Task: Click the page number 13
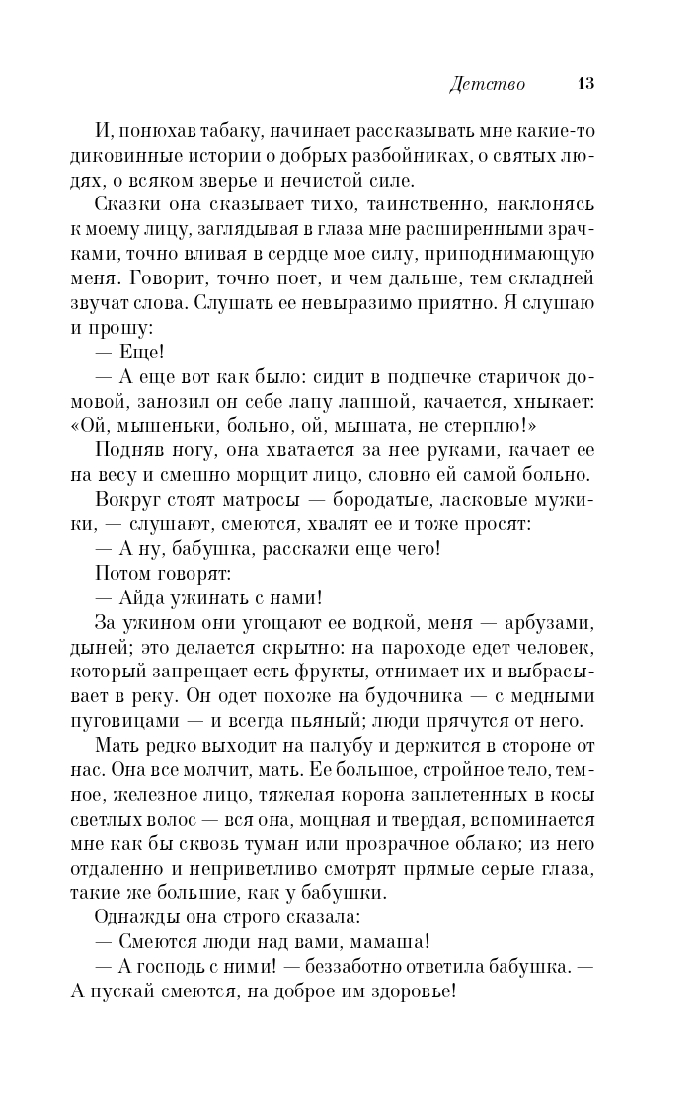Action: click(x=584, y=84)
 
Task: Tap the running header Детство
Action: click(x=486, y=84)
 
